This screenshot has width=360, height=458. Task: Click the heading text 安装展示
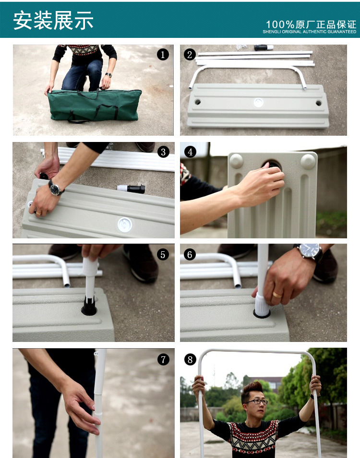[x=53, y=21]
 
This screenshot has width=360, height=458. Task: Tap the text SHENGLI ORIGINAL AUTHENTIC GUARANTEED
[x=310, y=32]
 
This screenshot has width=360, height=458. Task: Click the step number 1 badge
[x=163, y=55]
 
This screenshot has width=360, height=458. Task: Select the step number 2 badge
[x=190, y=55]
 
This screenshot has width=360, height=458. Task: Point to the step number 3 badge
[x=163, y=152]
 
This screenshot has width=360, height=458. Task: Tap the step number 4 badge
[x=190, y=152]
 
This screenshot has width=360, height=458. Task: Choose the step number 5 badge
[x=163, y=255]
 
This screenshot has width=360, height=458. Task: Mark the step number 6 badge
[x=190, y=255]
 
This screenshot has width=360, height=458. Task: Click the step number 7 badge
[x=163, y=359]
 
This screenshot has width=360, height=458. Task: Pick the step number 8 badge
[x=190, y=359]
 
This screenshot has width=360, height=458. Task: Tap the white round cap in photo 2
[x=259, y=103]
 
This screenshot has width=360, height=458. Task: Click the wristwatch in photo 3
[x=55, y=188]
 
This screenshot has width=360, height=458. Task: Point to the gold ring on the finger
[x=277, y=295]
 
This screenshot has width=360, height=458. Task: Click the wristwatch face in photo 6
[x=309, y=250]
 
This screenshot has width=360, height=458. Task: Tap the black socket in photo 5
[x=89, y=307]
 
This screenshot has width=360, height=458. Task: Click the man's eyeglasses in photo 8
[x=257, y=401]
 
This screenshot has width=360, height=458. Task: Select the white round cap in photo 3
[x=125, y=224]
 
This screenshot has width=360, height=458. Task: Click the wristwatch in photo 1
[x=109, y=75]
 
